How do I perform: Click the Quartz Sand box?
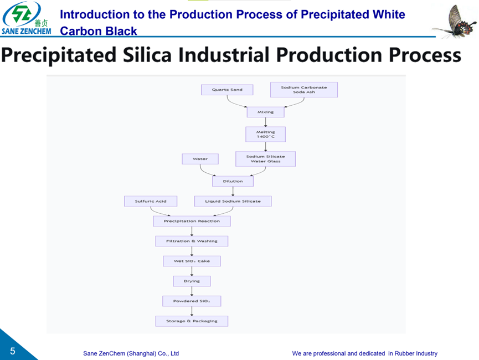[227, 90]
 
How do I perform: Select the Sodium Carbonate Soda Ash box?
[303, 90]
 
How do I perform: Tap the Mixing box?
[265, 112]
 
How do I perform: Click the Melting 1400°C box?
[265, 134]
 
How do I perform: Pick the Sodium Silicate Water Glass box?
[265, 159]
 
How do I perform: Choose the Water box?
[200, 159]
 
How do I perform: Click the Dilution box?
[233, 181]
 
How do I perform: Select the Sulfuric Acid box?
[151, 201]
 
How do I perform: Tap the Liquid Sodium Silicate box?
[233, 201]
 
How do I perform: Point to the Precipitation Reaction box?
[192, 221]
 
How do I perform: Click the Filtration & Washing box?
[192, 241]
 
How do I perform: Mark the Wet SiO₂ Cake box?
[192, 261]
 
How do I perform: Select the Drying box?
[192, 281]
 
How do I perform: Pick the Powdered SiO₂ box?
[192, 301]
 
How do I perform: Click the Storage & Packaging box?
[192, 321]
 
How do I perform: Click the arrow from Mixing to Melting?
[265, 122]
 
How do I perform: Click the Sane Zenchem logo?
[26, 18]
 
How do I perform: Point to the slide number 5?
[12, 351]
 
